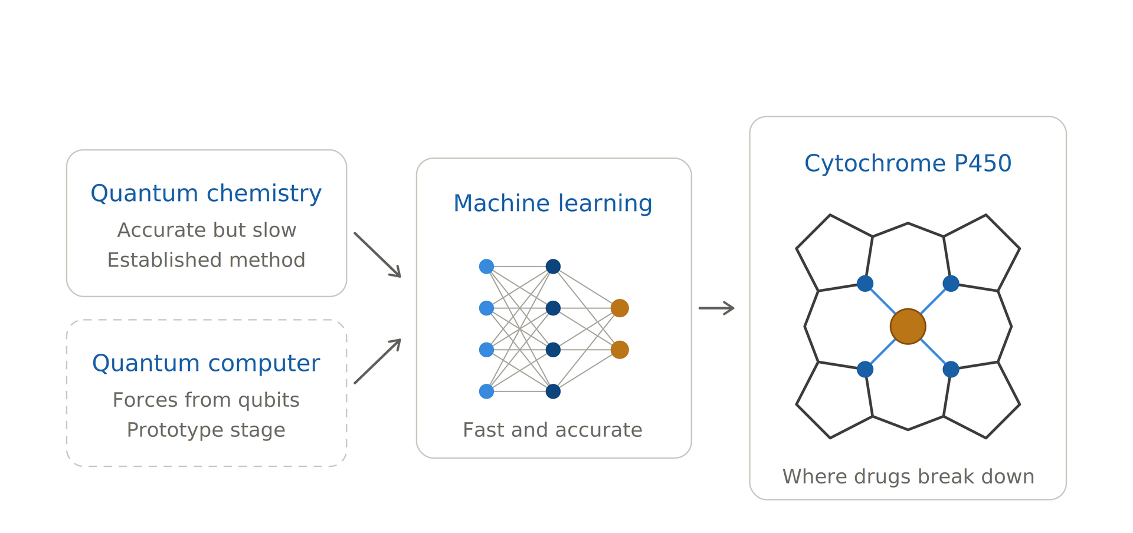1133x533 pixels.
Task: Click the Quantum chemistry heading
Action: (x=206, y=193)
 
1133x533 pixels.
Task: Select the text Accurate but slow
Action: (x=207, y=230)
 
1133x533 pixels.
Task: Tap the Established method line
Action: (x=206, y=260)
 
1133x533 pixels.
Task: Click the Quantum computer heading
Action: (x=206, y=363)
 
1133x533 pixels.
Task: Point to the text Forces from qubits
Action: (x=206, y=400)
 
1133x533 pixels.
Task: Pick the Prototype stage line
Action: (x=206, y=430)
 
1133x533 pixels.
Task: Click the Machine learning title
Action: (x=553, y=203)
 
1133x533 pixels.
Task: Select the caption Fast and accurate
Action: (x=552, y=430)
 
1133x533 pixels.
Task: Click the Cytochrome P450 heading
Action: (x=908, y=163)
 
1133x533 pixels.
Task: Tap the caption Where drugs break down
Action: (x=908, y=476)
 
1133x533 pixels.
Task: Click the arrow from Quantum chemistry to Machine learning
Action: (x=378, y=255)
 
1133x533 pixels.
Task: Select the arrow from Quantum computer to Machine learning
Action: (x=378, y=361)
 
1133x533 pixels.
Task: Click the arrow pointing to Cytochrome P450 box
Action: (x=716, y=308)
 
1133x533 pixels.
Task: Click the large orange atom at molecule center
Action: (x=908, y=327)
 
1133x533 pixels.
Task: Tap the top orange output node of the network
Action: (x=620, y=308)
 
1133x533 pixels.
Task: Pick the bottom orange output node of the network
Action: (x=620, y=350)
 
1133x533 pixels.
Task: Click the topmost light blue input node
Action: (x=486, y=266)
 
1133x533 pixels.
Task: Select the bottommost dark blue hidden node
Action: (x=553, y=391)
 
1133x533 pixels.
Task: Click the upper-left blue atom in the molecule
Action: (x=865, y=284)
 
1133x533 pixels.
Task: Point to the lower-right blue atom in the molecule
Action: (x=951, y=370)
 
